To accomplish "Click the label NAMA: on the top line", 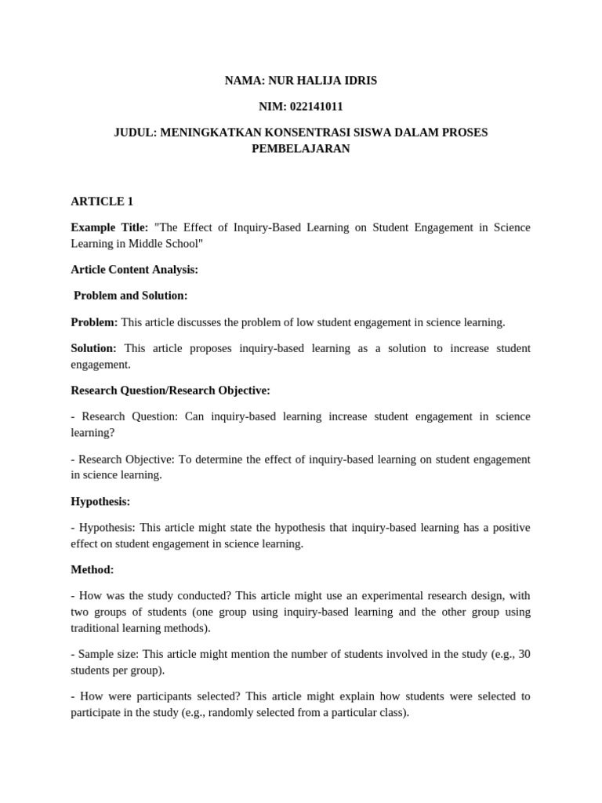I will click(x=245, y=81).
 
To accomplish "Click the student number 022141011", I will click(x=316, y=107).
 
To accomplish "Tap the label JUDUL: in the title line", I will click(x=136, y=133).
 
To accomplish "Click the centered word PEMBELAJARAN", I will click(x=300, y=148).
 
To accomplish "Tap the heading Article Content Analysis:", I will click(x=134, y=270).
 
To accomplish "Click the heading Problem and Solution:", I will click(x=130, y=296).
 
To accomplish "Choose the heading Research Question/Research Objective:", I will click(x=170, y=391).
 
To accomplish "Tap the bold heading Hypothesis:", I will click(x=100, y=501).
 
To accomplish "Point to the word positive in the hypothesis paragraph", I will click(x=510, y=528).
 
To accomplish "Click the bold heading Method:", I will click(x=92, y=569).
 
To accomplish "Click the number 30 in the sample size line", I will click(x=524, y=654).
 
